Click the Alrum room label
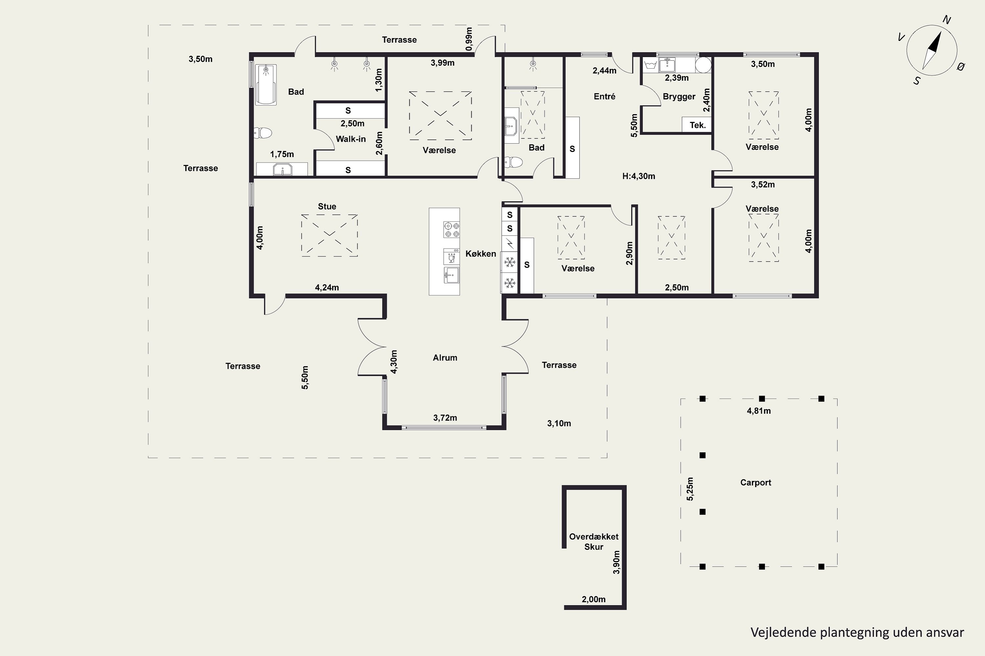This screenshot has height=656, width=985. (x=445, y=358)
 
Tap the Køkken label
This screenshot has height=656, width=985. (x=481, y=254)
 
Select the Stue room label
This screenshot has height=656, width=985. (x=327, y=206)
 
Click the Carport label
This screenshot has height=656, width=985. (x=755, y=482)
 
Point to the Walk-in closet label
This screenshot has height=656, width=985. (x=351, y=139)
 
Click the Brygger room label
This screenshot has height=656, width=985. (x=679, y=97)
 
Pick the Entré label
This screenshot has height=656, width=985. (x=605, y=96)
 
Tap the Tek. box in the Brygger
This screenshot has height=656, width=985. (x=697, y=125)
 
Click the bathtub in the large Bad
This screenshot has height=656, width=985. (x=266, y=85)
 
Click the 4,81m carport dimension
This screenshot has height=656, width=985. (x=759, y=411)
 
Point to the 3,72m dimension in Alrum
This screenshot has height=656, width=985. (x=445, y=418)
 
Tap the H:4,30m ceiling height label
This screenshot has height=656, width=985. (x=639, y=176)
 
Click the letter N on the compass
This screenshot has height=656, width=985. (x=947, y=20)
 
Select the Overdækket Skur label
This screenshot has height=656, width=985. (x=594, y=542)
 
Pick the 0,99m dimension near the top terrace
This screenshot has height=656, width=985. (x=469, y=39)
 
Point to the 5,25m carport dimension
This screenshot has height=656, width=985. (x=690, y=489)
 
